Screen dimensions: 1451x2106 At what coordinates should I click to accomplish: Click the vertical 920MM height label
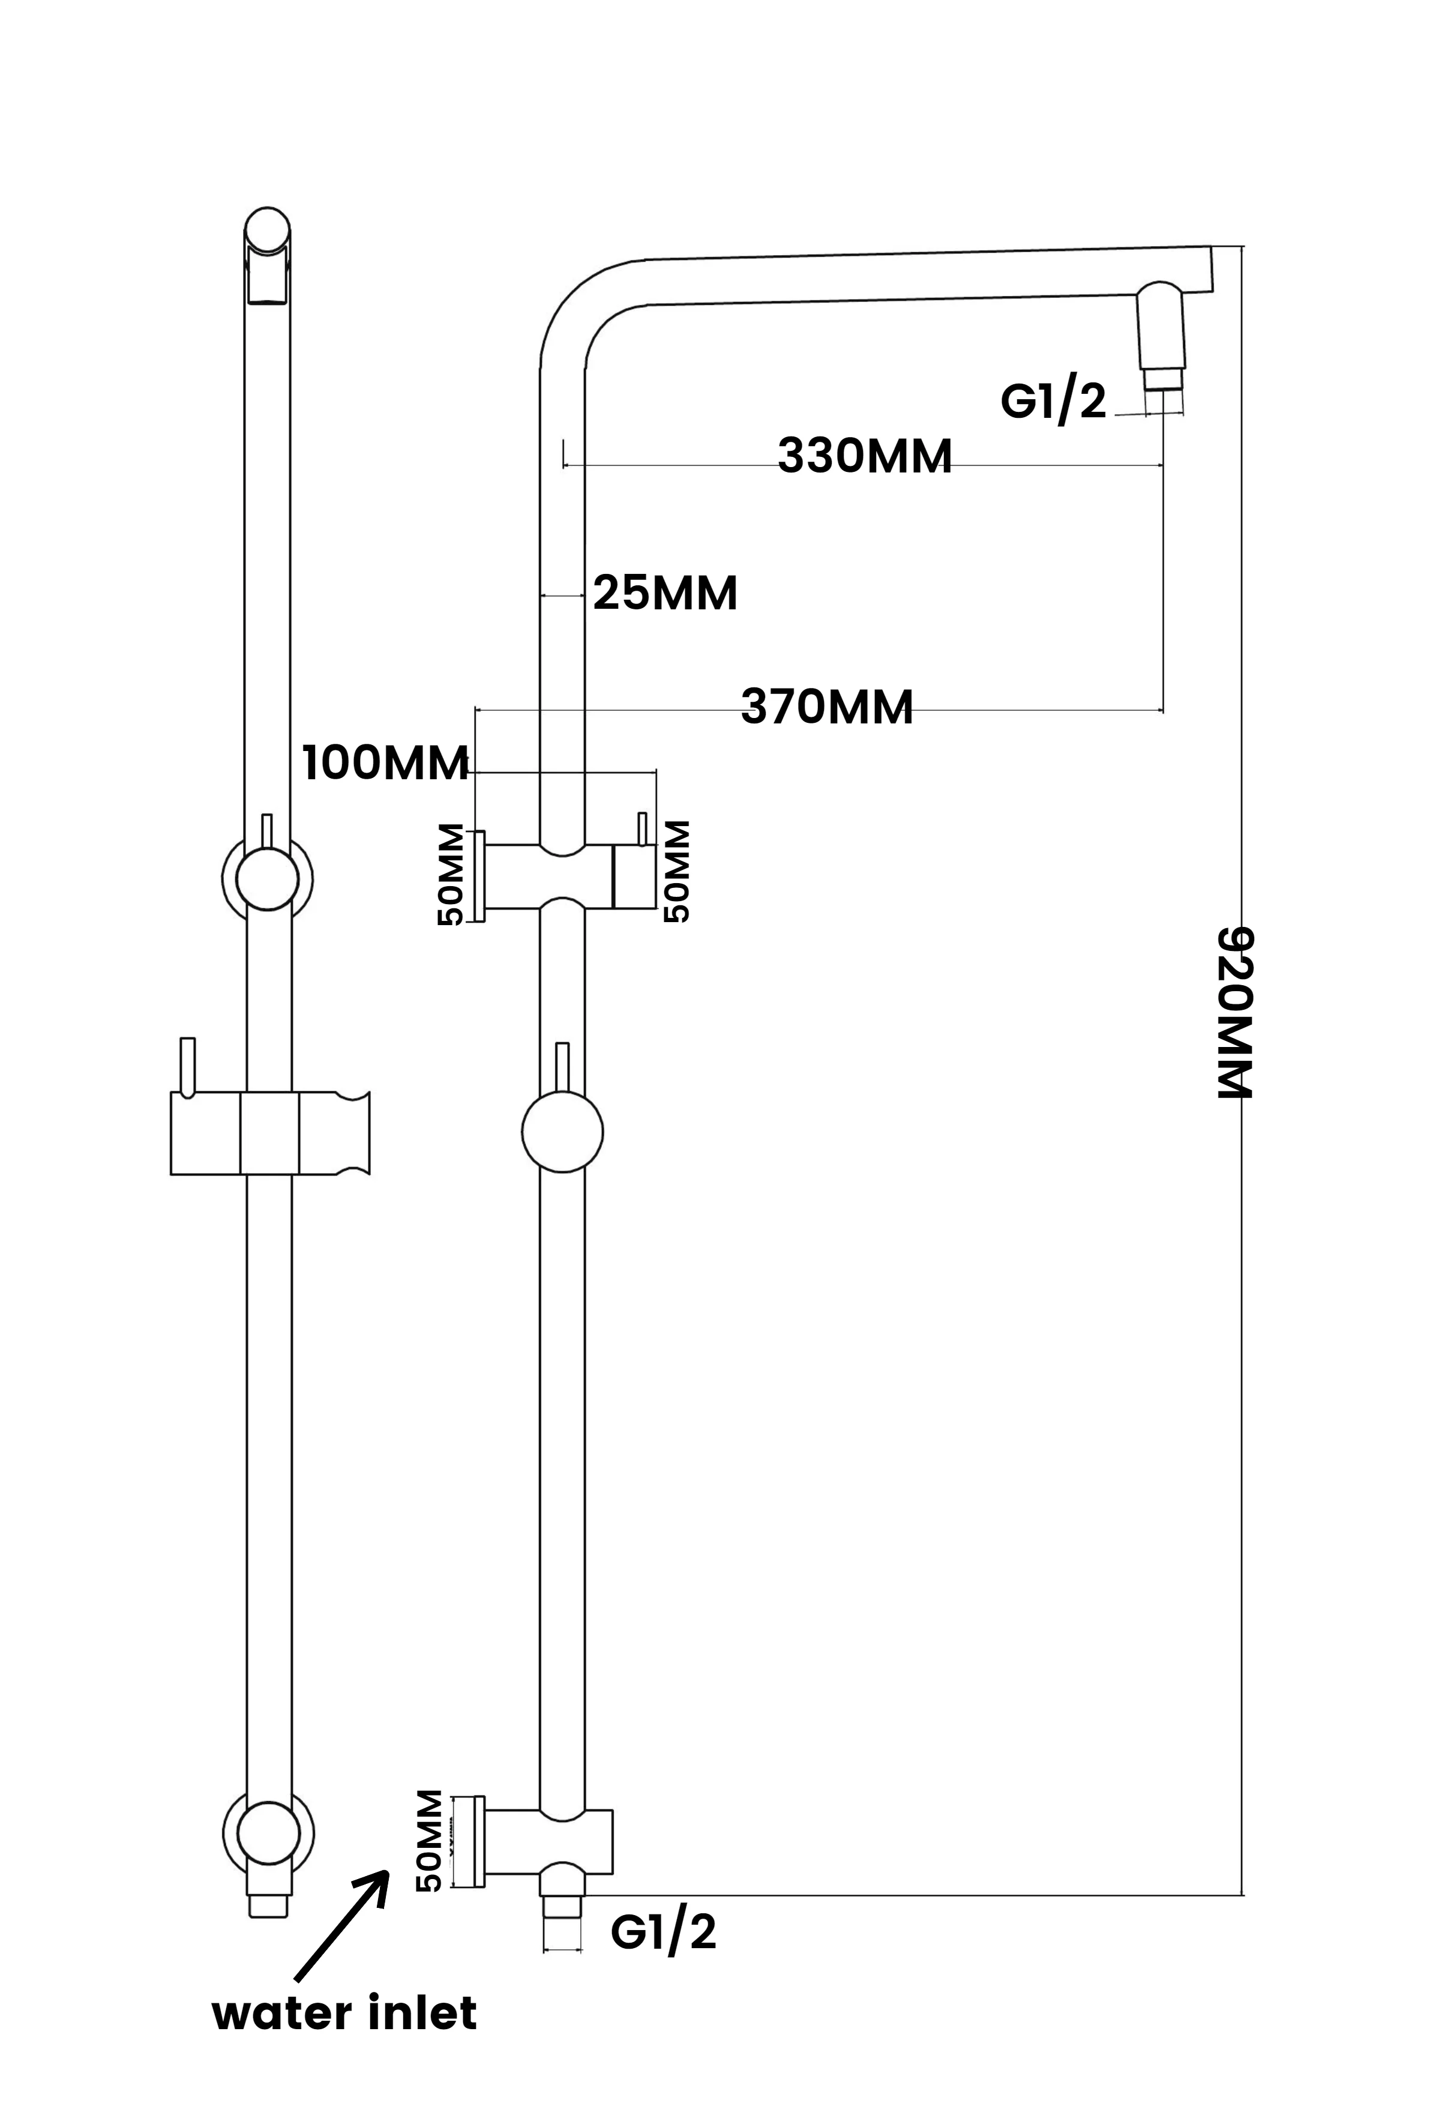pos(1236,1013)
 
